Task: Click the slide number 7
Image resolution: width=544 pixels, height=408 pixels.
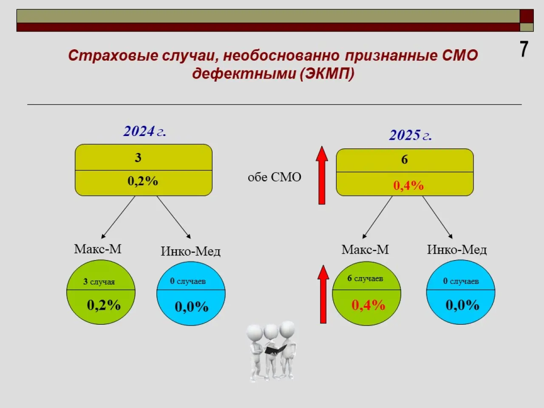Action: (524, 49)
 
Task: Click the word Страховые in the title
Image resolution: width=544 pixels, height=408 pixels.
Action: (113, 56)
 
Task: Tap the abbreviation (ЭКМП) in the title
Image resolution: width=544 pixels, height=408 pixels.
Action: (327, 74)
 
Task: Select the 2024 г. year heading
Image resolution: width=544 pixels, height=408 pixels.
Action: (145, 131)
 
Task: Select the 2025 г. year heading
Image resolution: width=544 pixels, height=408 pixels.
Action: (411, 135)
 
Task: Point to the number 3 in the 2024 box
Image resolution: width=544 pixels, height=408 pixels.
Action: (138, 158)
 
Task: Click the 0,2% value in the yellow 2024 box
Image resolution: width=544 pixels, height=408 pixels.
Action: (143, 181)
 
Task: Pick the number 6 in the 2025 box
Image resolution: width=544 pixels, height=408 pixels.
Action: (405, 159)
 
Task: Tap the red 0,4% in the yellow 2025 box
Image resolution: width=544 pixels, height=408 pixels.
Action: (408, 186)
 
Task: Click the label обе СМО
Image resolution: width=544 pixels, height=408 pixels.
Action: (275, 177)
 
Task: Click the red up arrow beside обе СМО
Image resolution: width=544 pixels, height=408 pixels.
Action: (322, 175)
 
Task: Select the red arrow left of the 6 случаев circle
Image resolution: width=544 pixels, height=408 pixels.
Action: (323, 294)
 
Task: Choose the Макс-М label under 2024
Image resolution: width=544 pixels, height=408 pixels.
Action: (98, 249)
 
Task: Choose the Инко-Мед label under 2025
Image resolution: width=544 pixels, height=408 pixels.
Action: (457, 250)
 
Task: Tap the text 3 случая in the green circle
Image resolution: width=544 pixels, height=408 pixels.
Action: (99, 282)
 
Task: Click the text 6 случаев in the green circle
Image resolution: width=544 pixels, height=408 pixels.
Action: (365, 278)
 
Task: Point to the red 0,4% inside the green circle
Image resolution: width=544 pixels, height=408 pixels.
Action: (368, 305)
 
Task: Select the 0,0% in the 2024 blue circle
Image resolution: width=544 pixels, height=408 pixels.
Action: (192, 307)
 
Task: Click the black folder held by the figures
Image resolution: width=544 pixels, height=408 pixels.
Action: (275, 349)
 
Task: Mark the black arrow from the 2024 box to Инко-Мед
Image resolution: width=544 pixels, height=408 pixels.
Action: (174, 217)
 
